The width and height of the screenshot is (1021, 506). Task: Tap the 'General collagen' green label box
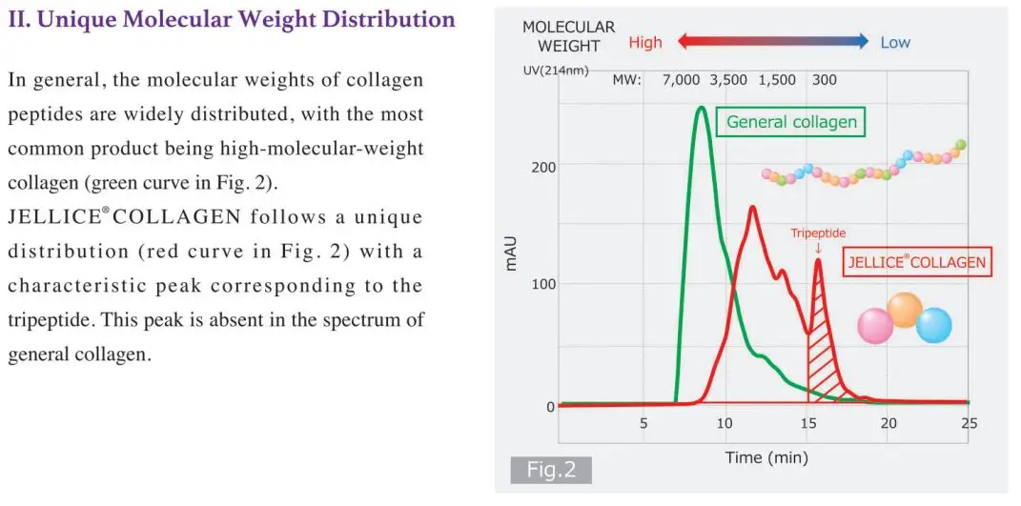(791, 122)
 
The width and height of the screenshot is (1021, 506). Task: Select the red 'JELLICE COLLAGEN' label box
(916, 263)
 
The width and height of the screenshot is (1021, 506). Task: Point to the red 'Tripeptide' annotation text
(818, 233)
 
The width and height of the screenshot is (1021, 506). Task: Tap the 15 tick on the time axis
(807, 424)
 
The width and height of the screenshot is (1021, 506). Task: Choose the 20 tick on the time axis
(888, 424)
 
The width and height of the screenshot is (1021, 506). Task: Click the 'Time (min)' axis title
(766, 458)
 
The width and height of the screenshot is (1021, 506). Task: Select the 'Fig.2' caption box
(550, 470)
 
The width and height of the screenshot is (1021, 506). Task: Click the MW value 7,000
(681, 80)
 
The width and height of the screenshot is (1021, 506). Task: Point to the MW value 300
(825, 80)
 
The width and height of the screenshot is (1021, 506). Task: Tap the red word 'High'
(645, 43)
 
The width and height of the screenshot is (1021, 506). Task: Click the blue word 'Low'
(895, 43)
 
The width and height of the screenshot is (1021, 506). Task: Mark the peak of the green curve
(702, 108)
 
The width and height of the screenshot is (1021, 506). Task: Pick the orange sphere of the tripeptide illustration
(905, 310)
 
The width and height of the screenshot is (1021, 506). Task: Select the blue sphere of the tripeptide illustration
(934, 326)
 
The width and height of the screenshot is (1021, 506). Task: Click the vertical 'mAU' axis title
(511, 255)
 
